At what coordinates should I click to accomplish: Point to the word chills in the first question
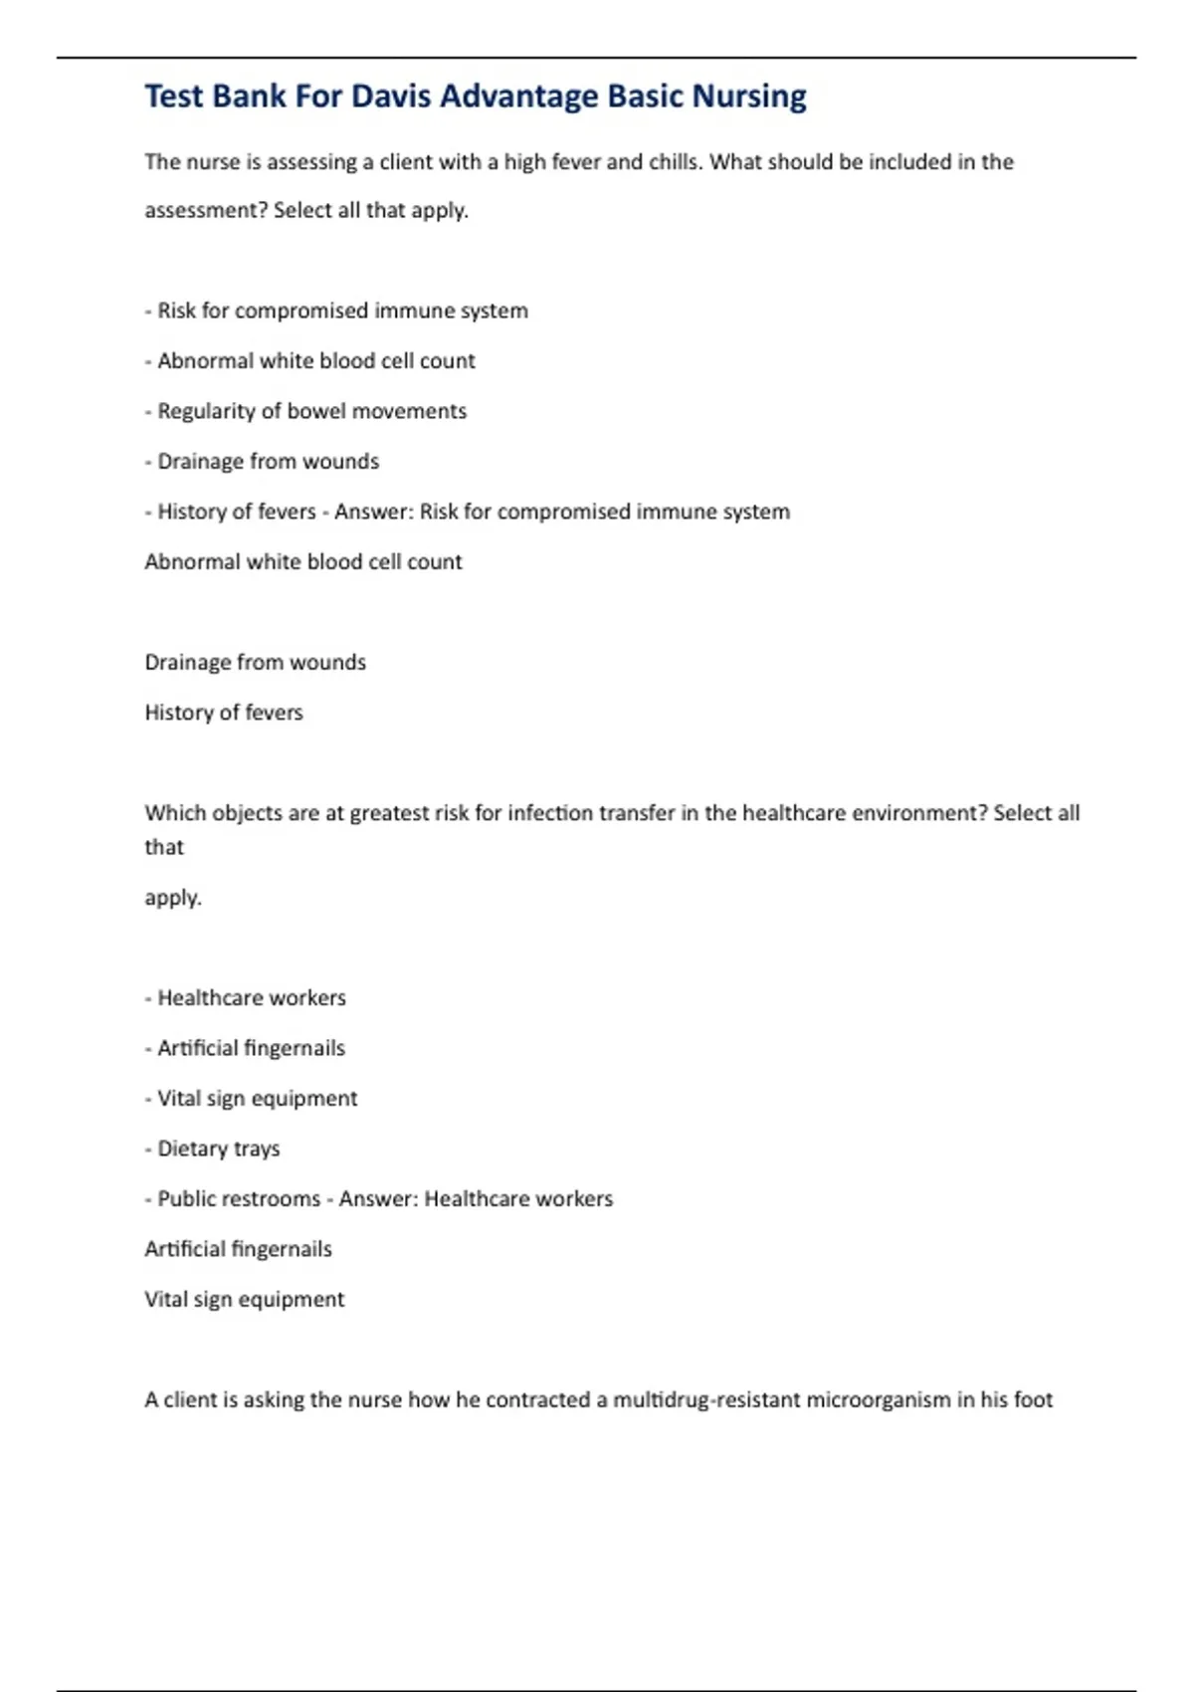pyautogui.click(x=675, y=162)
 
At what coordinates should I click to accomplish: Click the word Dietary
pyautogui.click(x=192, y=1149)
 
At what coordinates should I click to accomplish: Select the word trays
pyautogui.click(x=257, y=1149)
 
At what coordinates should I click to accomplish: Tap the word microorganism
pyautogui.click(x=879, y=1400)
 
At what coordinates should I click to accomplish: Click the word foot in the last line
pyautogui.click(x=1034, y=1400)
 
